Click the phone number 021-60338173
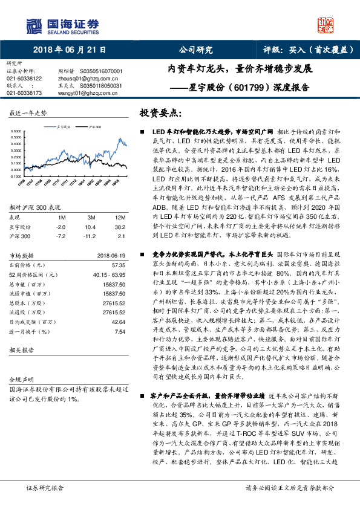pos(24,93)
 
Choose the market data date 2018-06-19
pos(110,256)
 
